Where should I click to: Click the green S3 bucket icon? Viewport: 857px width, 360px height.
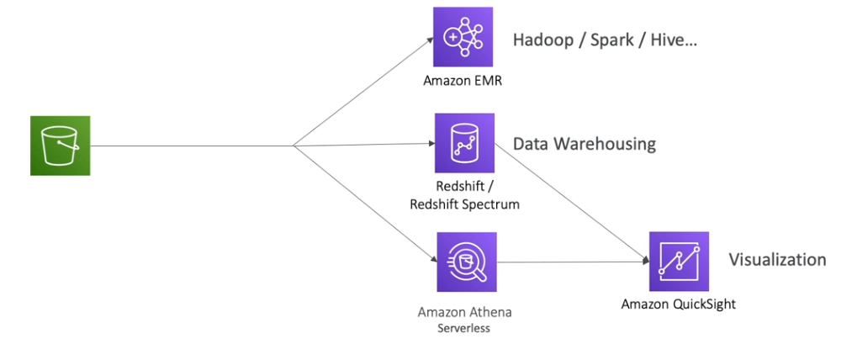[x=60, y=146]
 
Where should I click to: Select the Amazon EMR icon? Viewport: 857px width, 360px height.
[x=463, y=37]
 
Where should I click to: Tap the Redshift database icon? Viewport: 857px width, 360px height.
[x=464, y=143]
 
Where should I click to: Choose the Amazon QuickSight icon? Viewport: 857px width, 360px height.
[x=678, y=262]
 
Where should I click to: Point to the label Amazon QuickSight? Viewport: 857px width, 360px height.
[x=678, y=304]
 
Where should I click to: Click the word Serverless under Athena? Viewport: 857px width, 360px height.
[x=463, y=328]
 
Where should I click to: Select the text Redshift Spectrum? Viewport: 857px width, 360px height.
[x=464, y=205]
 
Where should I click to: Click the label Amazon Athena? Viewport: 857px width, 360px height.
[x=464, y=312]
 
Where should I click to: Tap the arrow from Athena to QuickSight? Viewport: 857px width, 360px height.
[x=572, y=262]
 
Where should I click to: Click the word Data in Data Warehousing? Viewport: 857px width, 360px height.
[x=530, y=144]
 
